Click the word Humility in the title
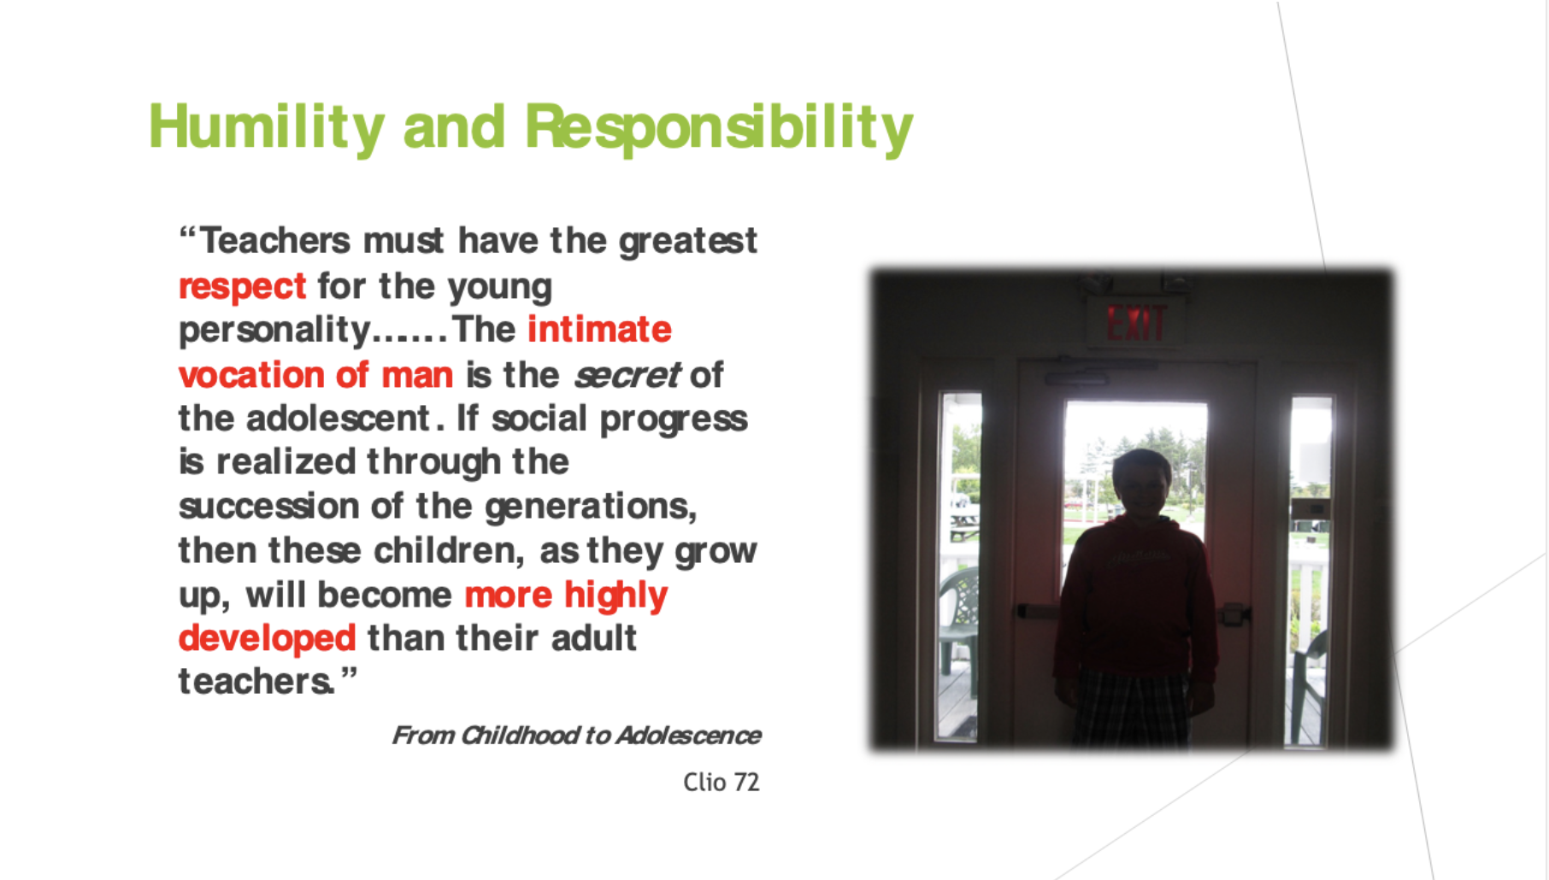point(267,128)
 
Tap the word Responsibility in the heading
point(719,128)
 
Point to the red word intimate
point(599,330)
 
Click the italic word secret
point(627,375)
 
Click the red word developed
point(267,638)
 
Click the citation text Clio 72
point(721,782)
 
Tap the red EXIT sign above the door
point(1136,324)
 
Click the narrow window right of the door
point(1310,568)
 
